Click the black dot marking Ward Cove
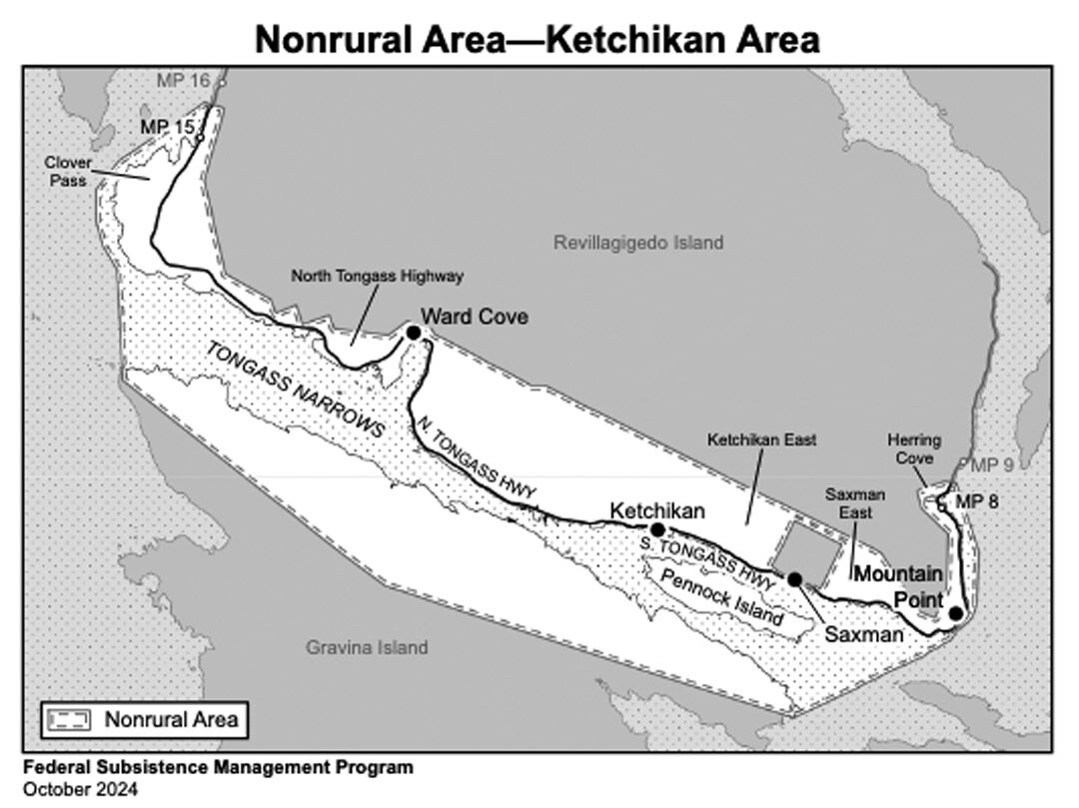[413, 332]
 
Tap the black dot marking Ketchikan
[657, 529]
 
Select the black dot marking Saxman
[795, 579]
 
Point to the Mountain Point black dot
[955, 613]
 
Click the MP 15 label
[167, 127]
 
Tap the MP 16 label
[183, 80]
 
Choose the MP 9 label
[993, 465]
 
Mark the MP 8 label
[977, 501]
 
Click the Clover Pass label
[68, 171]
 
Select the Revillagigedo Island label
[638, 243]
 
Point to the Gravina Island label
[367, 647]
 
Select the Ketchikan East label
[762, 439]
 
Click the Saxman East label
[849, 503]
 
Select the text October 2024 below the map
[82, 789]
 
